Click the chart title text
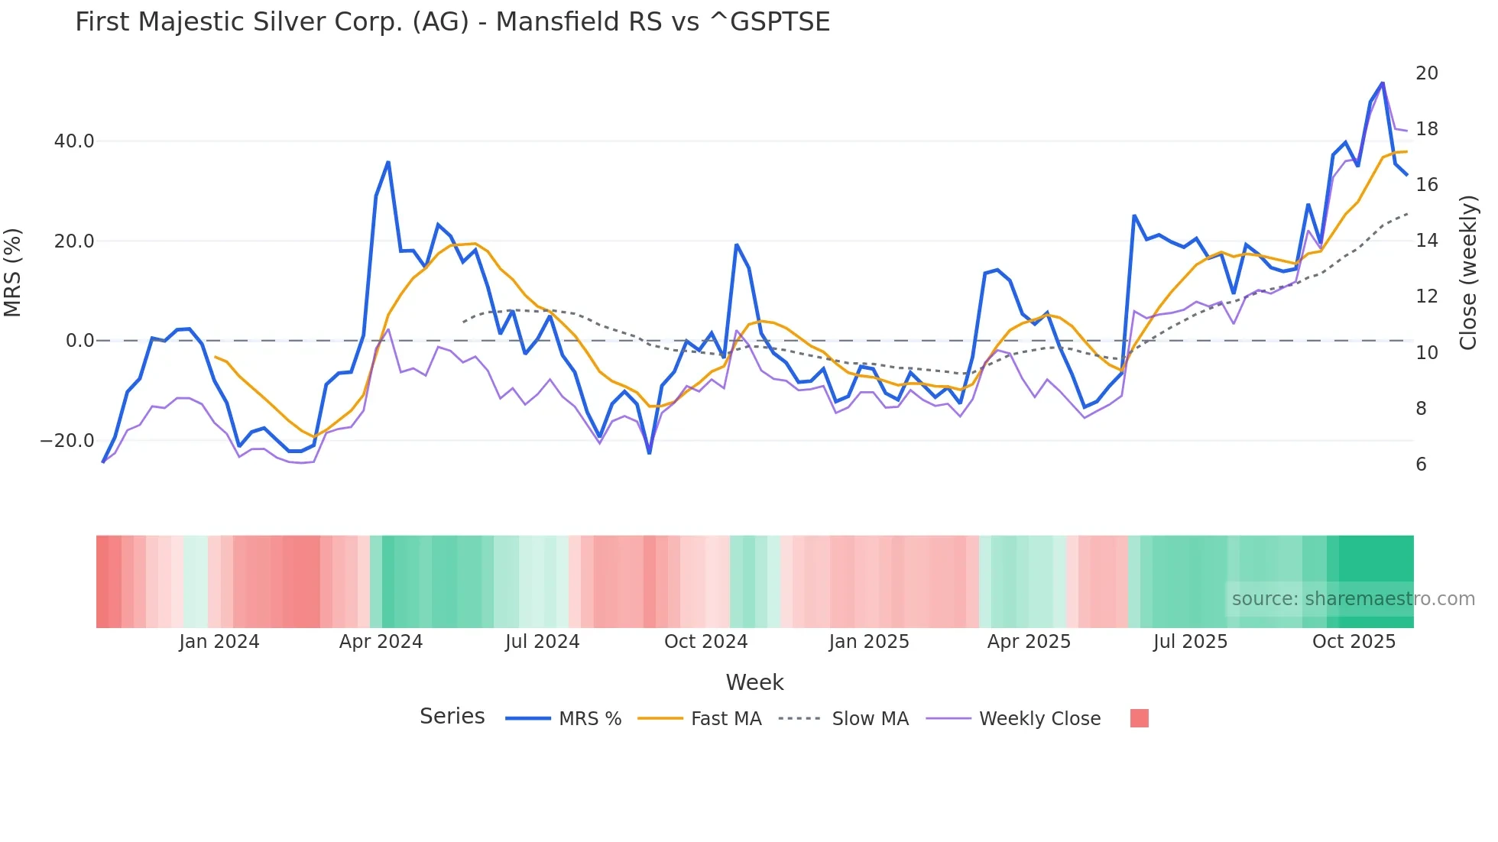tap(452, 22)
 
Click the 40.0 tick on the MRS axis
tap(74, 141)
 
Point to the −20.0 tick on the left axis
tap(67, 441)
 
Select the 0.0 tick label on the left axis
tap(79, 341)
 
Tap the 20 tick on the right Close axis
tap(1426, 73)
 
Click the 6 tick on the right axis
tap(1421, 465)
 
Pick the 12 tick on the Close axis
tap(1426, 296)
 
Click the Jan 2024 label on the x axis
tap(219, 642)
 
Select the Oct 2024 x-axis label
tap(705, 642)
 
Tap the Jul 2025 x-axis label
tap(1190, 642)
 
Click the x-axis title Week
tap(754, 682)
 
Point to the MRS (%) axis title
tap(13, 273)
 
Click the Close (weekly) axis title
tap(1467, 273)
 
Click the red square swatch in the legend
tap(1139, 718)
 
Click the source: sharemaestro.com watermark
tap(1353, 599)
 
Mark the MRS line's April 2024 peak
tap(388, 162)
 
